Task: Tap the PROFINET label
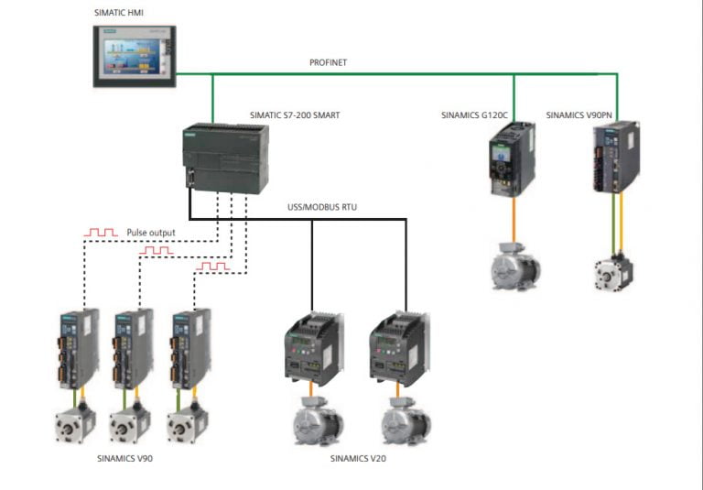[329, 62]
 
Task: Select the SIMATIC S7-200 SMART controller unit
[229, 158]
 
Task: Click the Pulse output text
[151, 233]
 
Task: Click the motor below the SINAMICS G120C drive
[514, 266]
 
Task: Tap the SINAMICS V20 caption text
[358, 457]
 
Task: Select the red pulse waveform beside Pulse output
[101, 233]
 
